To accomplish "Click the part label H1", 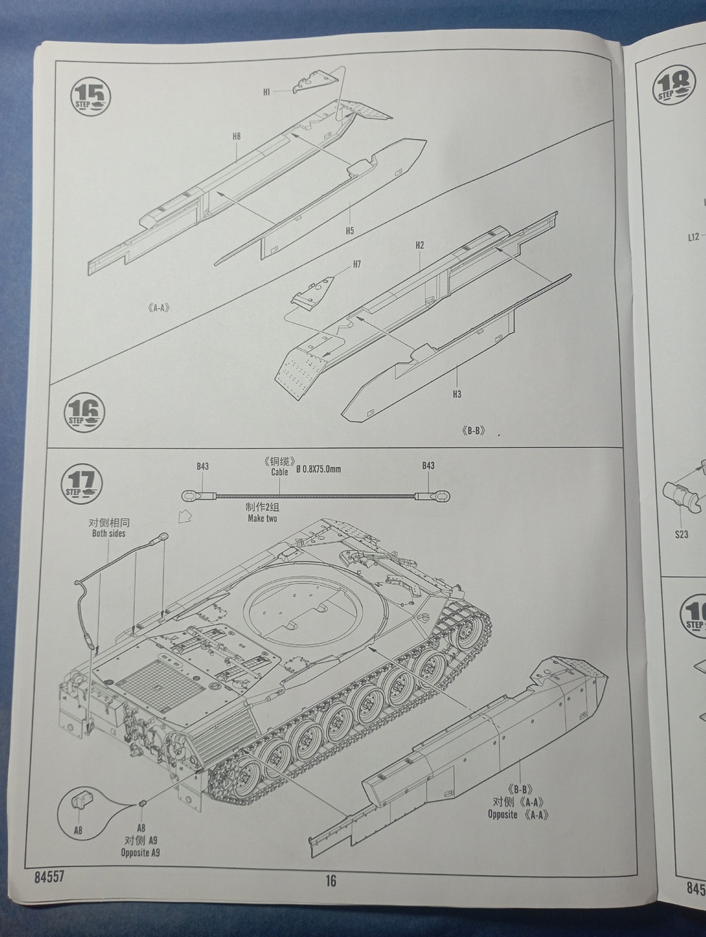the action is (x=267, y=92).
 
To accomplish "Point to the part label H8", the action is (x=237, y=136).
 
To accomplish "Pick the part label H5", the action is (x=350, y=231).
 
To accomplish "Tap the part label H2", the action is (x=420, y=245).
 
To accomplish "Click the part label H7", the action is (x=357, y=264).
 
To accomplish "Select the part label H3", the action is (x=457, y=395).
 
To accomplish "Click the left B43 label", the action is (x=203, y=466).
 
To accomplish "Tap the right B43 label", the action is (x=428, y=466).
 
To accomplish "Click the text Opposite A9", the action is (x=141, y=853).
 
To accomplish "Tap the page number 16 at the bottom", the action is (x=331, y=881).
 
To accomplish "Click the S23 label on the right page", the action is (x=682, y=534).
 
